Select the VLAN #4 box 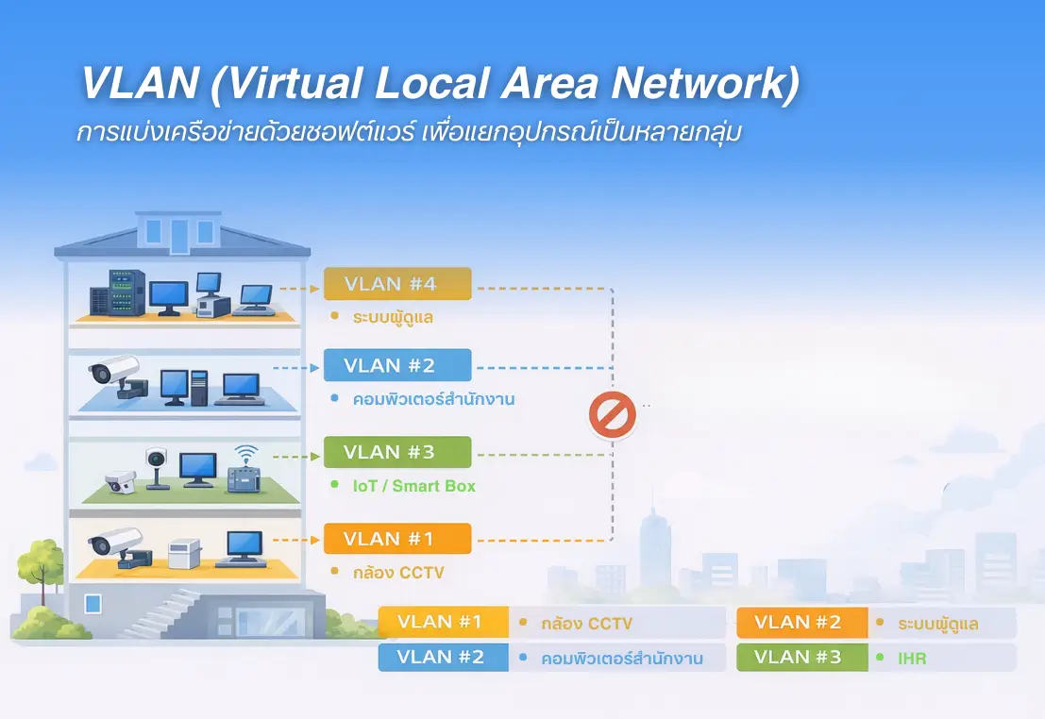(x=396, y=283)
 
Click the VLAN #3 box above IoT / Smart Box (x=396, y=452)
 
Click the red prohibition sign (x=612, y=414)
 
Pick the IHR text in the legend (x=912, y=659)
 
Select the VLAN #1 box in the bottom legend (x=443, y=623)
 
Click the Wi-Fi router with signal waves (x=245, y=472)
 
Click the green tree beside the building (x=40, y=566)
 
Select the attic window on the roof (x=179, y=235)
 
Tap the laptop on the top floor (x=254, y=299)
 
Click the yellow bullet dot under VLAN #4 (x=334, y=316)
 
